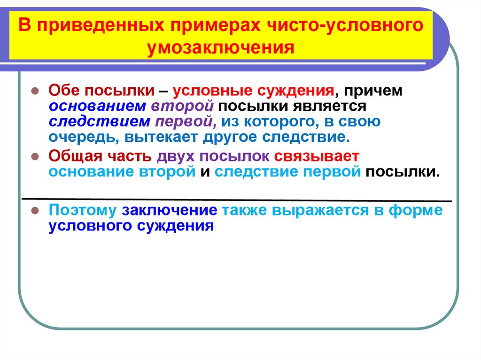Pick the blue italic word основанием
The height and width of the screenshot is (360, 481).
[96, 106]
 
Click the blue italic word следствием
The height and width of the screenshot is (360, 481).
[97, 122]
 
